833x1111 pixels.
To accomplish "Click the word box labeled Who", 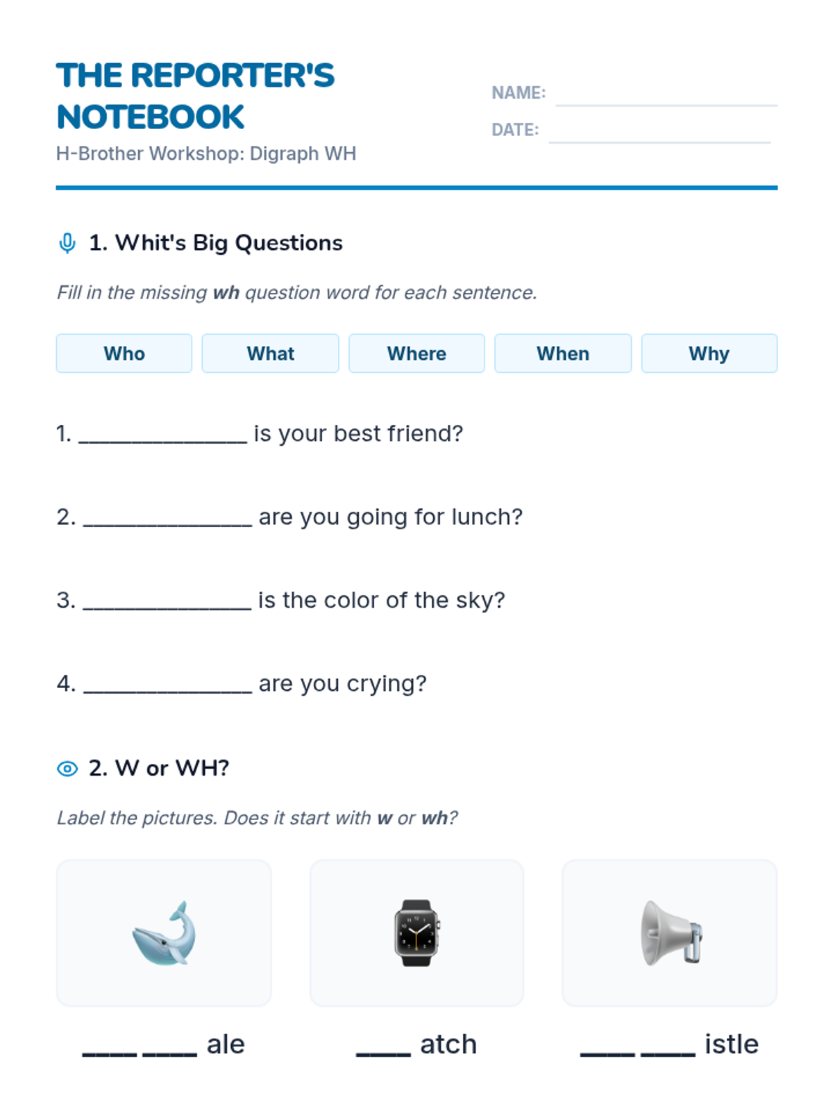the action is point(124,353).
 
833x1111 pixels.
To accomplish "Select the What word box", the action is point(270,353).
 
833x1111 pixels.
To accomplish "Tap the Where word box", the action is point(416,353).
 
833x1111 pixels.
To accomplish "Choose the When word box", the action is point(563,353).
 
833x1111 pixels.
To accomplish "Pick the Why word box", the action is point(709,353).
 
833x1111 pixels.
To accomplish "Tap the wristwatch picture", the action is point(416,933).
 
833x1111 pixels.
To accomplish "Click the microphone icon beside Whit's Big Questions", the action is point(67,243).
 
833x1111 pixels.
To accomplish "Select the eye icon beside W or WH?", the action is point(67,769).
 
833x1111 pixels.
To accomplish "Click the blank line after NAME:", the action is point(666,106).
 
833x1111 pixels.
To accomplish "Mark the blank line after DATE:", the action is point(659,142).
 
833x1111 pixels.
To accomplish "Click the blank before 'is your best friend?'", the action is point(163,442).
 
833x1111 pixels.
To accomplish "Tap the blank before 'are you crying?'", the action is point(167,692).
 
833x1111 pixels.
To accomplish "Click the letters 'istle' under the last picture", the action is point(732,1044).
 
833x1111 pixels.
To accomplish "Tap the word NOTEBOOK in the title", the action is point(151,117).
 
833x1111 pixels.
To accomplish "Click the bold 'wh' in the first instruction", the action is point(226,292).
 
